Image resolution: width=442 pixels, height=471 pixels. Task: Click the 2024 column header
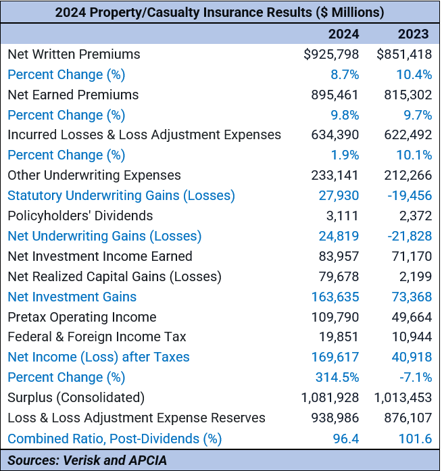343,34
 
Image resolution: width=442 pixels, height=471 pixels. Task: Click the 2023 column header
412,34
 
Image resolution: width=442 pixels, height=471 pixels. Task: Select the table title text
220,12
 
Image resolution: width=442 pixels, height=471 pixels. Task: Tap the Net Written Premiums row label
74,55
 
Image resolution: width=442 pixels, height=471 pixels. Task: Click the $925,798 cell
331,55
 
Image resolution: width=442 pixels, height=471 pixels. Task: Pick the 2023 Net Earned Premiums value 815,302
404,95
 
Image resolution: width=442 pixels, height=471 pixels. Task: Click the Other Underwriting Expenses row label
94,176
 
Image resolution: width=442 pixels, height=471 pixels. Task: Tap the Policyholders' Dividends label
80,216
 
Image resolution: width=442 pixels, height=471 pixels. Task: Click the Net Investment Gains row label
72,297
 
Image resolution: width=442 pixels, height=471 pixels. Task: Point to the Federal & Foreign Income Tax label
97,337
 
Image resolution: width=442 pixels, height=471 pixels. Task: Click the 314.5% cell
337,377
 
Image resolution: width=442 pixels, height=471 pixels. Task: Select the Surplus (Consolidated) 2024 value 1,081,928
330,397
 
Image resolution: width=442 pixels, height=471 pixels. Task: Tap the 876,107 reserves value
404,418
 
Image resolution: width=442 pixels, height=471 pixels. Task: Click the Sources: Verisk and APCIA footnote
87,460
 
